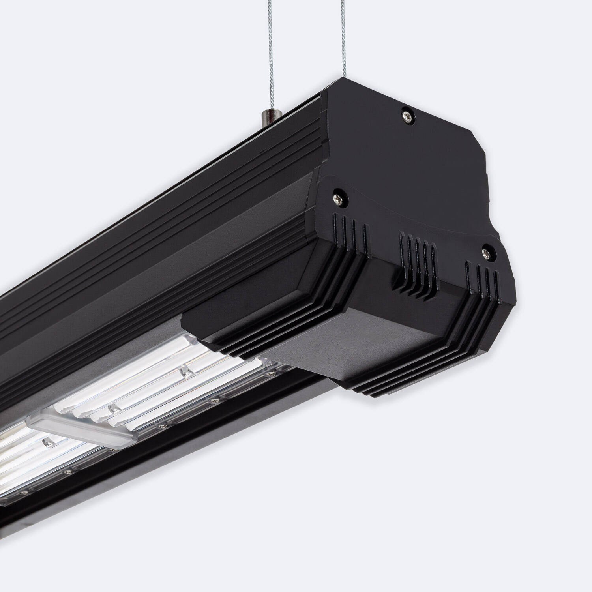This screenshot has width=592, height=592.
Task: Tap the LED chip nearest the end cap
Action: tap(183, 371)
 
